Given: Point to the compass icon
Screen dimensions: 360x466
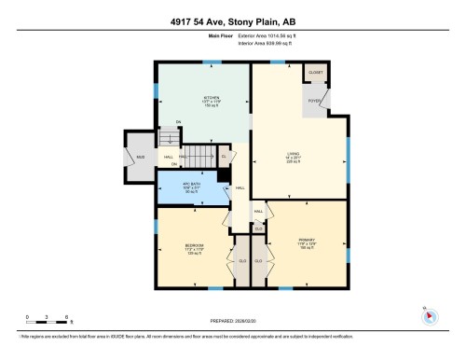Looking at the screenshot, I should click(x=430, y=315).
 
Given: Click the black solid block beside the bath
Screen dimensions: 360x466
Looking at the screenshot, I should click(x=224, y=173).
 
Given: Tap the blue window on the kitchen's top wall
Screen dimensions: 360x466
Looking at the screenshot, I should click(x=213, y=62).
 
